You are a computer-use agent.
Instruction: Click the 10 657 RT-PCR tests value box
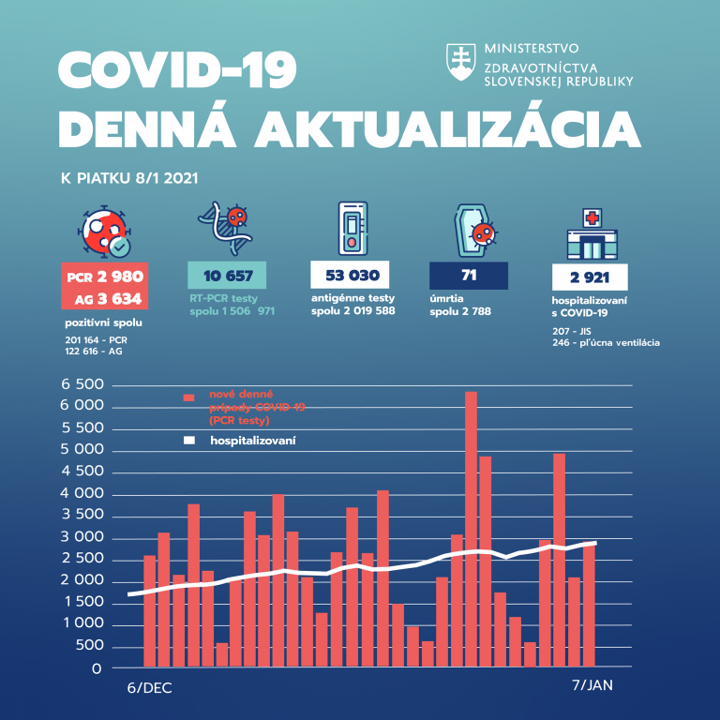227,276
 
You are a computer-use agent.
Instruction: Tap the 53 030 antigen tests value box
350,276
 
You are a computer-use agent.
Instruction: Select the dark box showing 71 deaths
468,276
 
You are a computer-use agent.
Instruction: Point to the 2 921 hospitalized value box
590,277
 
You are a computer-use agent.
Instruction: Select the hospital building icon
592,232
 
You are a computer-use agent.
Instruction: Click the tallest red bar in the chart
471,530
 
